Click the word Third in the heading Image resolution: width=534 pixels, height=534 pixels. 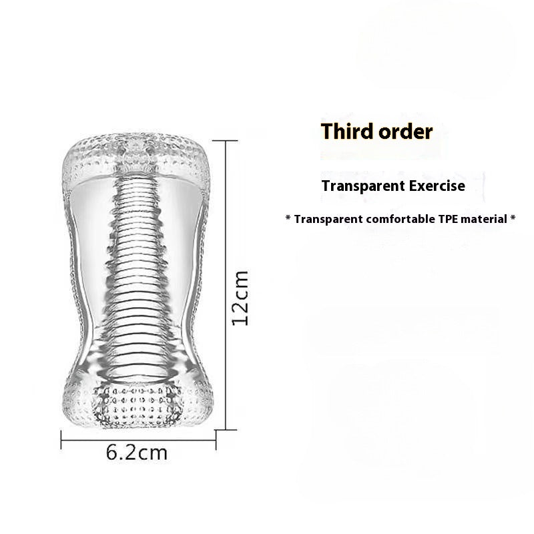[x=347, y=131]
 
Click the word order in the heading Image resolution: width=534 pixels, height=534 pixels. [x=404, y=131]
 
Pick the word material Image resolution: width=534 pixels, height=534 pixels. [x=487, y=218]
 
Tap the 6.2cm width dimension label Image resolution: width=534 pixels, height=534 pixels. [x=136, y=453]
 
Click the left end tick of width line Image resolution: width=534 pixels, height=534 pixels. [x=62, y=437]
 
